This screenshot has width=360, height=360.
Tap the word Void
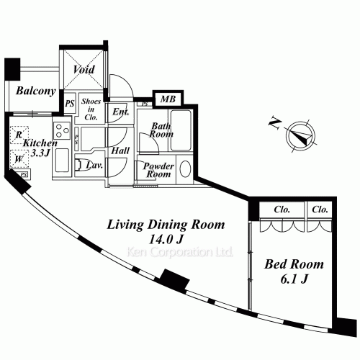click(x=84, y=70)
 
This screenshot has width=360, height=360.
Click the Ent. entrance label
click(x=120, y=112)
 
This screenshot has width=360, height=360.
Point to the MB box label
click(x=166, y=99)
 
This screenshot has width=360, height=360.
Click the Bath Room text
click(x=160, y=130)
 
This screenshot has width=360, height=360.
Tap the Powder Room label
click(x=158, y=170)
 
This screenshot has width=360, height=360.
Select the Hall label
click(x=120, y=151)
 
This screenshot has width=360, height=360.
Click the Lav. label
click(x=94, y=165)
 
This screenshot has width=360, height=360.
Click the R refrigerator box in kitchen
click(x=19, y=134)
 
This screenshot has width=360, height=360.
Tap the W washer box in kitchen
click(x=19, y=159)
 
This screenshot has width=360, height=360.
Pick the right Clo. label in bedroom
click(x=320, y=210)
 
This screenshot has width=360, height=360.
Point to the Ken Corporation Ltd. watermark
click(x=179, y=253)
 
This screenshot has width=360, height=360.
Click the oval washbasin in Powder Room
click(x=185, y=170)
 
